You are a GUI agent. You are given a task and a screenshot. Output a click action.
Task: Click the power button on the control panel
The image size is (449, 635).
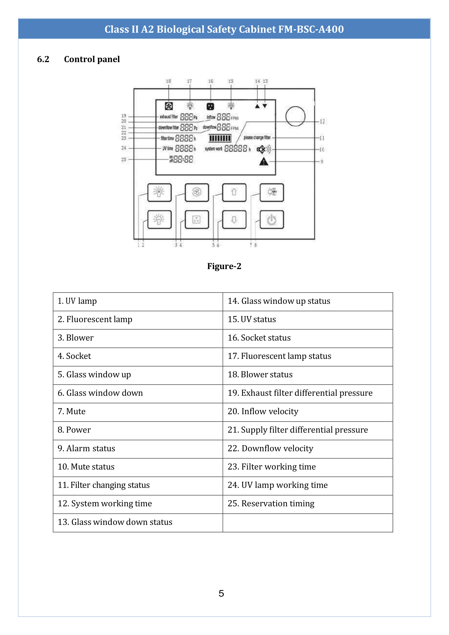click(271, 220)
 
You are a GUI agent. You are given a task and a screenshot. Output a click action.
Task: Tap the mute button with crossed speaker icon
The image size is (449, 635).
click(271, 192)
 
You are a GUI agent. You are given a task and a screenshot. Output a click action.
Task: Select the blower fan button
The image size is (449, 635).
click(197, 192)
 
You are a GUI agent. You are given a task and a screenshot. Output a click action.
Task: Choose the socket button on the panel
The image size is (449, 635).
click(197, 220)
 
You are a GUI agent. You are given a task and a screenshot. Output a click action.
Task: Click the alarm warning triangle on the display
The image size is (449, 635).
click(264, 161)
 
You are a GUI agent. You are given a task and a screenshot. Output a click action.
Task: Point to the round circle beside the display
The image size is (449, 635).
click(295, 116)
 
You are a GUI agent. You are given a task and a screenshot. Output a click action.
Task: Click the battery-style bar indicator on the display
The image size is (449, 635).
click(220, 138)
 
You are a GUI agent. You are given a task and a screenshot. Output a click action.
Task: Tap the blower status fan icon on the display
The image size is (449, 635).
click(169, 106)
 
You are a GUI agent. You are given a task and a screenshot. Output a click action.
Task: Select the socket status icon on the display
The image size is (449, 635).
click(210, 106)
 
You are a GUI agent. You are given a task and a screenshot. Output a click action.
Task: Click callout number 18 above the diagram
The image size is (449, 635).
click(168, 81)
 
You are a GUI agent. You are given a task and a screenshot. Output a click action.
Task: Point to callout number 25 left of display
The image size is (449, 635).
click(124, 159)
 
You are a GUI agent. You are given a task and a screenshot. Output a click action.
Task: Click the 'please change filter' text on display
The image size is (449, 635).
click(257, 138)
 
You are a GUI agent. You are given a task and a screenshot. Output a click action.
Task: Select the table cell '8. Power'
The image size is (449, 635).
click(138, 430)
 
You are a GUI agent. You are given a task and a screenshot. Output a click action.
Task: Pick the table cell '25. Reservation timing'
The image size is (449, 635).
click(307, 504)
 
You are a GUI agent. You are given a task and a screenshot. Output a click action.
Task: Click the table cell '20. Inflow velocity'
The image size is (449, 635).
click(307, 411)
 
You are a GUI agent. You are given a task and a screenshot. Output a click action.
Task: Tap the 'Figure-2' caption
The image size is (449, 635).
click(224, 266)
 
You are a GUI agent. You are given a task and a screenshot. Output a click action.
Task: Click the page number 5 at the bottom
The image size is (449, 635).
click(221, 593)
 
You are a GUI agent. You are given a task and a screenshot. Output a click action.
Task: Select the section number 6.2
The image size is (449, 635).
click(43, 59)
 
